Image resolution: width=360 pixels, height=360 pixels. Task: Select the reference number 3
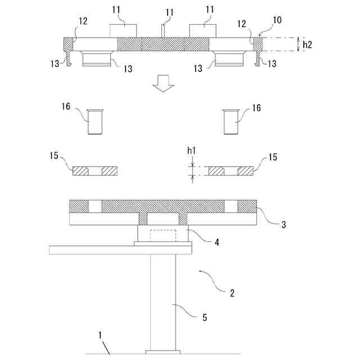click(283, 224)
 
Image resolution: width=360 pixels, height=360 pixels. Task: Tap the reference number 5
click(205, 317)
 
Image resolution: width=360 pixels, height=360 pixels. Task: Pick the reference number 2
click(231, 292)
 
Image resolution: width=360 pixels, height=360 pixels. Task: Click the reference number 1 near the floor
click(101, 335)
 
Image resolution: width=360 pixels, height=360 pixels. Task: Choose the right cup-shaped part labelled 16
click(231, 121)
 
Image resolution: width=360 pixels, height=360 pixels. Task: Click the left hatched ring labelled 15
click(95, 170)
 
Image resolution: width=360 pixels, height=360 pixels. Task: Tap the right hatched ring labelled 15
click(231, 170)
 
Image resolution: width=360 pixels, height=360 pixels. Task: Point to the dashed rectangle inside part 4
click(163, 235)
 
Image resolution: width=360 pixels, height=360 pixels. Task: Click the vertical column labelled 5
click(163, 298)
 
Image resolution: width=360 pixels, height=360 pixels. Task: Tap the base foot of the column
click(163, 353)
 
